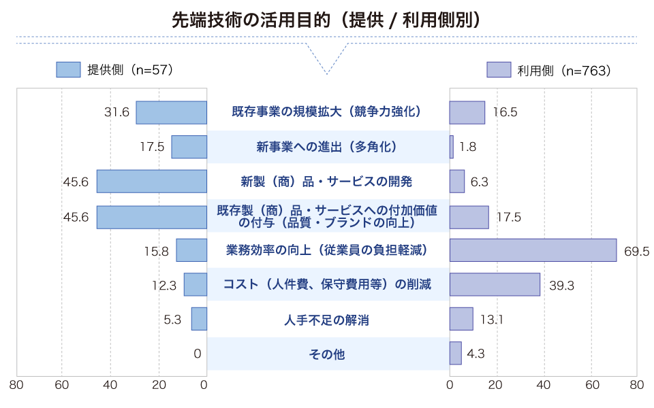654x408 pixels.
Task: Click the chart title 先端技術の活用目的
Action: [327, 19]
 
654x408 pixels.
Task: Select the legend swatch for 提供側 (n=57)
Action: [68, 69]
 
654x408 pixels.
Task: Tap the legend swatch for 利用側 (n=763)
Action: [499, 70]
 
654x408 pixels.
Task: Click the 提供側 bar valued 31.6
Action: [171, 112]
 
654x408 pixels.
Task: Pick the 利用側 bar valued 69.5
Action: [533, 250]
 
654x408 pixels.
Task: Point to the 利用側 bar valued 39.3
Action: [495, 284]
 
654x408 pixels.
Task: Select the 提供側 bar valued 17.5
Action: [189, 147]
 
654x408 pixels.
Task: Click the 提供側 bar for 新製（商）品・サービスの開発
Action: [151, 182]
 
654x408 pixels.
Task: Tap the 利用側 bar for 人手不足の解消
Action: [461, 319]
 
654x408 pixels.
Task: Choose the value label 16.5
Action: [505, 113]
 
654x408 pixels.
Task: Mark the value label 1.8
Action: [467, 147]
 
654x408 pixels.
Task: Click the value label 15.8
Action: [155, 251]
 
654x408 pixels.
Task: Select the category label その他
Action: [328, 354]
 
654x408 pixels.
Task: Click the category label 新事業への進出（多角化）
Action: [328, 147]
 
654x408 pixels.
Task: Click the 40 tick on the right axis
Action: [543, 385]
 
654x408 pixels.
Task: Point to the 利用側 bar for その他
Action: [455, 353]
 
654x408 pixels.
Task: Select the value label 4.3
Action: [476, 354]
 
